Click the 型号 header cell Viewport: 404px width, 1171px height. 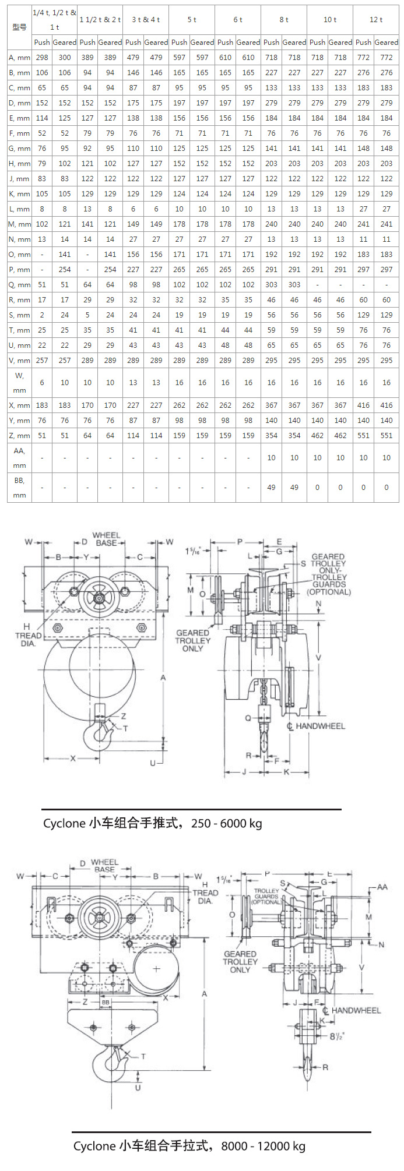pyautogui.click(x=19, y=27)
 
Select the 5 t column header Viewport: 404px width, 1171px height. pyautogui.click(x=192, y=20)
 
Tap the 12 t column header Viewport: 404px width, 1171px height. pyautogui.click(x=376, y=20)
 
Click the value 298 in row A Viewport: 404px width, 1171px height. pyautogui.click(x=42, y=58)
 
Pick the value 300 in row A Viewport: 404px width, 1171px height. pyautogui.click(x=65, y=58)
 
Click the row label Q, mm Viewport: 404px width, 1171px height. pyautogui.click(x=19, y=285)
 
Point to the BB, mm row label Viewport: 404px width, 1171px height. pyautogui.click(x=19, y=488)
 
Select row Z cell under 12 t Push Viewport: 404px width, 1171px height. pyautogui.click(x=363, y=436)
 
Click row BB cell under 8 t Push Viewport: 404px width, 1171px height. pyautogui.click(x=271, y=488)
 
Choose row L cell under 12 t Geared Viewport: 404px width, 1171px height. pyautogui.click(x=387, y=209)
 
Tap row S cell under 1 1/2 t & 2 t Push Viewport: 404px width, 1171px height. pyautogui.click(x=87, y=315)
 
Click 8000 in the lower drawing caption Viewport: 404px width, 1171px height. pyautogui.click(x=234, y=1146)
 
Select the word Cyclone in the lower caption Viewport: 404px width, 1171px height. pyautogui.click(x=94, y=1146)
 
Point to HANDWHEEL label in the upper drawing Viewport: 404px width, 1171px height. pyautogui.click(x=319, y=726)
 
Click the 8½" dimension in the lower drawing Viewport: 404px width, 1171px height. pyautogui.click(x=336, y=1036)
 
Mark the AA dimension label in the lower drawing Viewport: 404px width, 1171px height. pyautogui.click(x=382, y=887)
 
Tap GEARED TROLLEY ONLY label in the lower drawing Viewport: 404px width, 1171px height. pyautogui.click(x=240, y=961)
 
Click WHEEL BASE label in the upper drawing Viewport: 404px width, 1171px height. pyautogui.click(x=106, y=539)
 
